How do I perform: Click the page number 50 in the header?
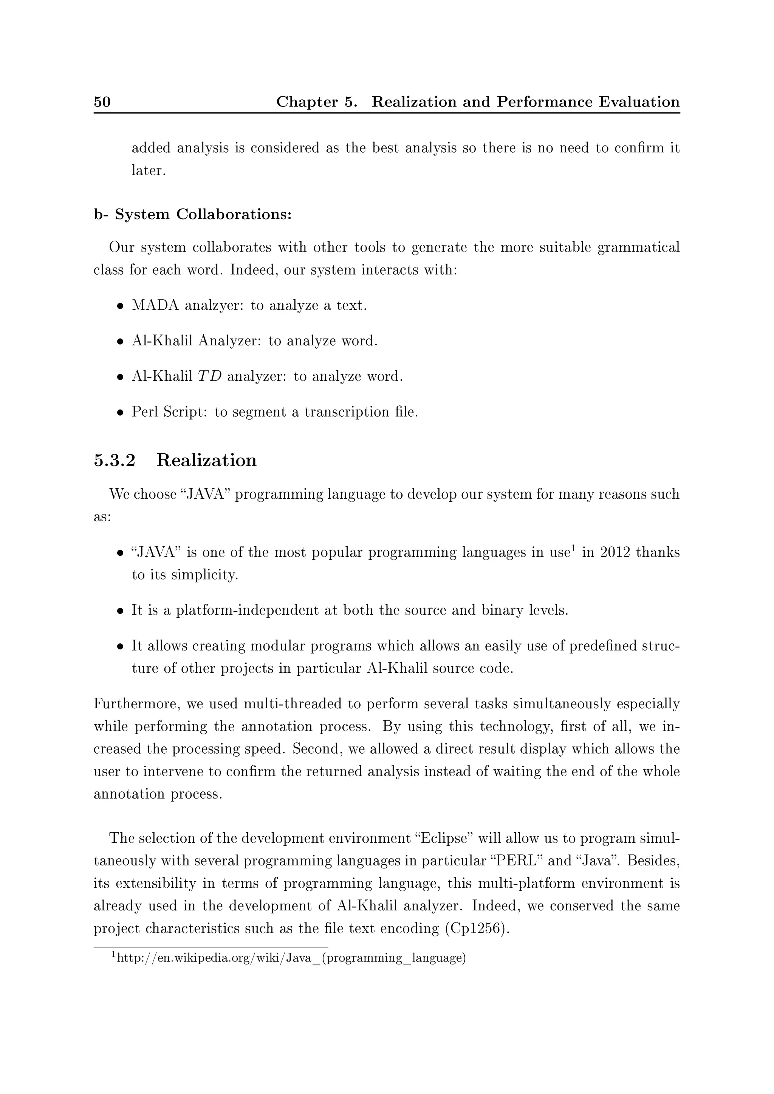pos(102,102)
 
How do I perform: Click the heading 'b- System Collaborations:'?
pos(192,215)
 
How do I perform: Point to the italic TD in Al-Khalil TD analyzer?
pos(210,376)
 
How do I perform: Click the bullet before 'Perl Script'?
pos(121,413)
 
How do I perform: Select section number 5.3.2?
pos(115,460)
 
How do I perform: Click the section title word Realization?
pos(206,460)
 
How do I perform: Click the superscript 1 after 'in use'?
pos(573,549)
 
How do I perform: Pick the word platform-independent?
pos(247,610)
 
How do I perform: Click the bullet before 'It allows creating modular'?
pos(121,647)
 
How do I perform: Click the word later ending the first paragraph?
pos(148,171)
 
